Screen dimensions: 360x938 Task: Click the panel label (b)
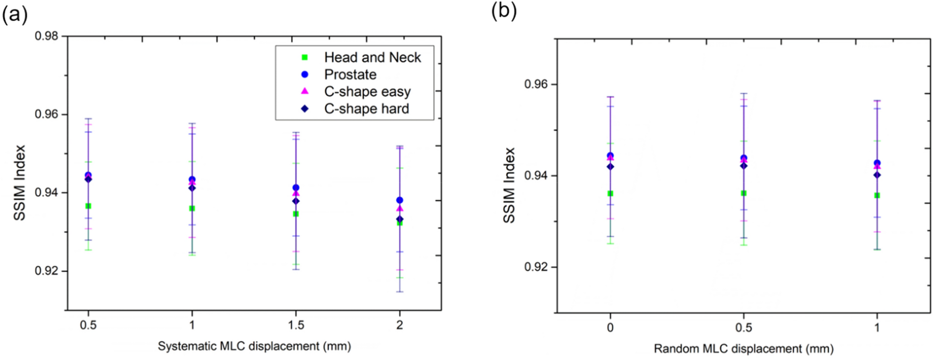504,11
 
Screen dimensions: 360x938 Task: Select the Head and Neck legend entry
372,57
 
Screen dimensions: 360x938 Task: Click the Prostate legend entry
350,74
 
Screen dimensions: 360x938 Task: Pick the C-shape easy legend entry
367,91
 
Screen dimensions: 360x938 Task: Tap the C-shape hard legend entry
366,109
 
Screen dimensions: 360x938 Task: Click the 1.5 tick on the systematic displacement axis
296,325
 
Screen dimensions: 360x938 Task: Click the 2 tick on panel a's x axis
400,325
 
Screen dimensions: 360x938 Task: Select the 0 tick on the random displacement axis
610,327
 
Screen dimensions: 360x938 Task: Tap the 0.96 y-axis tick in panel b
537,84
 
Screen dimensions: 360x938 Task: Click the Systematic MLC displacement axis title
254,346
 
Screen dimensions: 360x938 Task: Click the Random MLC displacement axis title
743,349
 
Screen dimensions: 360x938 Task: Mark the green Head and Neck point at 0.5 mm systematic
88,206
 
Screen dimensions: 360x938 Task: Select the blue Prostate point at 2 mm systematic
400,200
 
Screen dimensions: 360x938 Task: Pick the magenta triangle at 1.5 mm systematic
296,193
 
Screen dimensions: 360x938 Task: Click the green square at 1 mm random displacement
877,195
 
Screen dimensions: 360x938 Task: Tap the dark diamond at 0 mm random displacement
610,166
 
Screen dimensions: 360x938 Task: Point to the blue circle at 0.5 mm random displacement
744,158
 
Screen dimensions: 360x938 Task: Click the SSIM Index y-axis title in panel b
510,185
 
